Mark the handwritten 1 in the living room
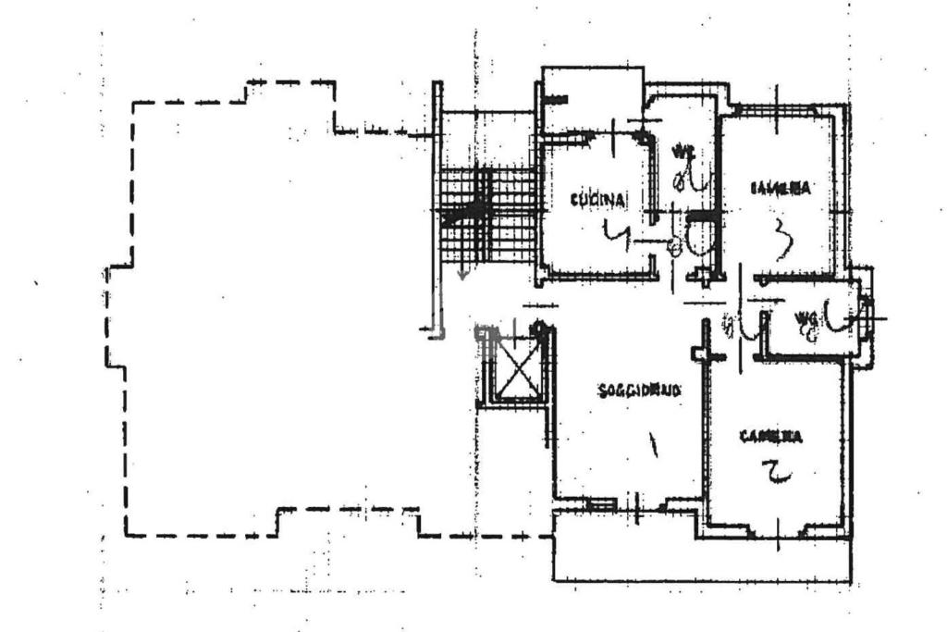(x=654, y=449)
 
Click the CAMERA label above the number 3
(x=781, y=188)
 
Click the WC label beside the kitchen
(x=683, y=150)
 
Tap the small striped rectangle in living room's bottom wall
(x=600, y=503)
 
